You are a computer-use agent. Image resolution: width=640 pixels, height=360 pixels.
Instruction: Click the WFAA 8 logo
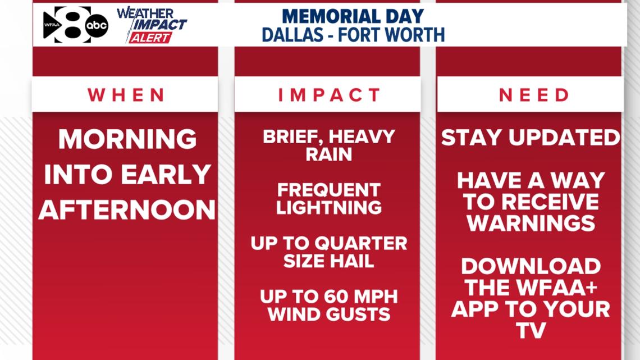point(67,25)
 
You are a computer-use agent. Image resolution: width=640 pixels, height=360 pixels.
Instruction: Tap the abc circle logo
point(97,26)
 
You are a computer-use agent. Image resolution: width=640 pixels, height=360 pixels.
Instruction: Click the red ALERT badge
point(150,38)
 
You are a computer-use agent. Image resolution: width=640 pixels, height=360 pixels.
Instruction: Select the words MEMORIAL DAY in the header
point(353,16)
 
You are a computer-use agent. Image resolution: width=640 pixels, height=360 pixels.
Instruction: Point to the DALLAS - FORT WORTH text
point(353,35)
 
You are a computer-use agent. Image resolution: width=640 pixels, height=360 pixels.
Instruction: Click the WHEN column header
point(126,95)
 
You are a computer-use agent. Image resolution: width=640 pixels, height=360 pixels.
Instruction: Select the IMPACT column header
point(329,95)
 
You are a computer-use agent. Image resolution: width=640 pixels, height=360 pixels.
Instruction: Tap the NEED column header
point(534,95)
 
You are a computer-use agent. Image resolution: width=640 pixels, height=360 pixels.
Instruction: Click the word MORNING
point(127,139)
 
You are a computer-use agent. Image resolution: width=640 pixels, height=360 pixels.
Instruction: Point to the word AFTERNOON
point(127,210)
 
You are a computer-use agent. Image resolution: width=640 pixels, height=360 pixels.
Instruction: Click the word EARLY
point(166,175)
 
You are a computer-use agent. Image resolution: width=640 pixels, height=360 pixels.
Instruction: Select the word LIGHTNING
point(329,208)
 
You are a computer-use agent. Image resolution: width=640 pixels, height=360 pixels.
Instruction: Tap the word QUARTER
point(361,244)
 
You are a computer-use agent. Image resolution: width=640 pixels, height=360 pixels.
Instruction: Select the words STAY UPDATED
point(531,138)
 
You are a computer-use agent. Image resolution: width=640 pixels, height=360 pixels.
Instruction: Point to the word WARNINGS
point(531,224)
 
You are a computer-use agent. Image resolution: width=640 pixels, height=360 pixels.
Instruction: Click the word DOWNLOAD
point(531,267)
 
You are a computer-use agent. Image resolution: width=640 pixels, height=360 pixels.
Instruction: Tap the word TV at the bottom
point(531,330)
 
